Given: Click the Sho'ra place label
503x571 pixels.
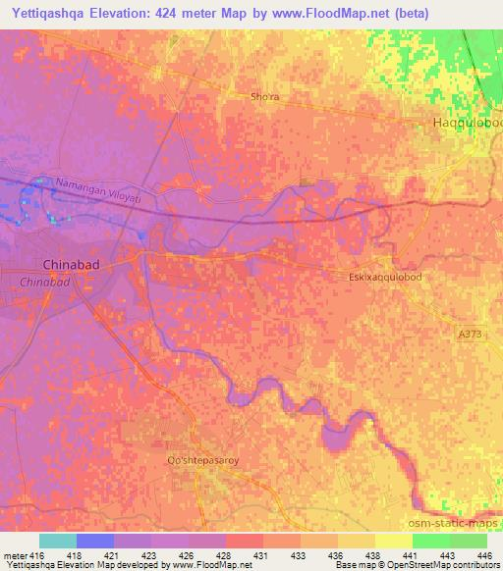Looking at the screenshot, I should coord(264,97).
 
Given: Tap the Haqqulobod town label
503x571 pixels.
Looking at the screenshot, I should coord(468,123).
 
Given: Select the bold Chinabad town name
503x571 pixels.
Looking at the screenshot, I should coord(72,264).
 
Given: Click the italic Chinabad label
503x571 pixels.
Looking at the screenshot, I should coord(44,282).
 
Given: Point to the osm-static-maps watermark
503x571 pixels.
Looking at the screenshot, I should coord(458,523).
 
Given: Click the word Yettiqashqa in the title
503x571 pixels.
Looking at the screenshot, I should coord(47,14).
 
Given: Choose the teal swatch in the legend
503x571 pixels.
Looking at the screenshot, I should coord(58,541).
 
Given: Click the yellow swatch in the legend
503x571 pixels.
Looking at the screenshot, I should coord(394,541).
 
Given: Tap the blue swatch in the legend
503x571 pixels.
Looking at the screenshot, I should coord(95,541).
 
